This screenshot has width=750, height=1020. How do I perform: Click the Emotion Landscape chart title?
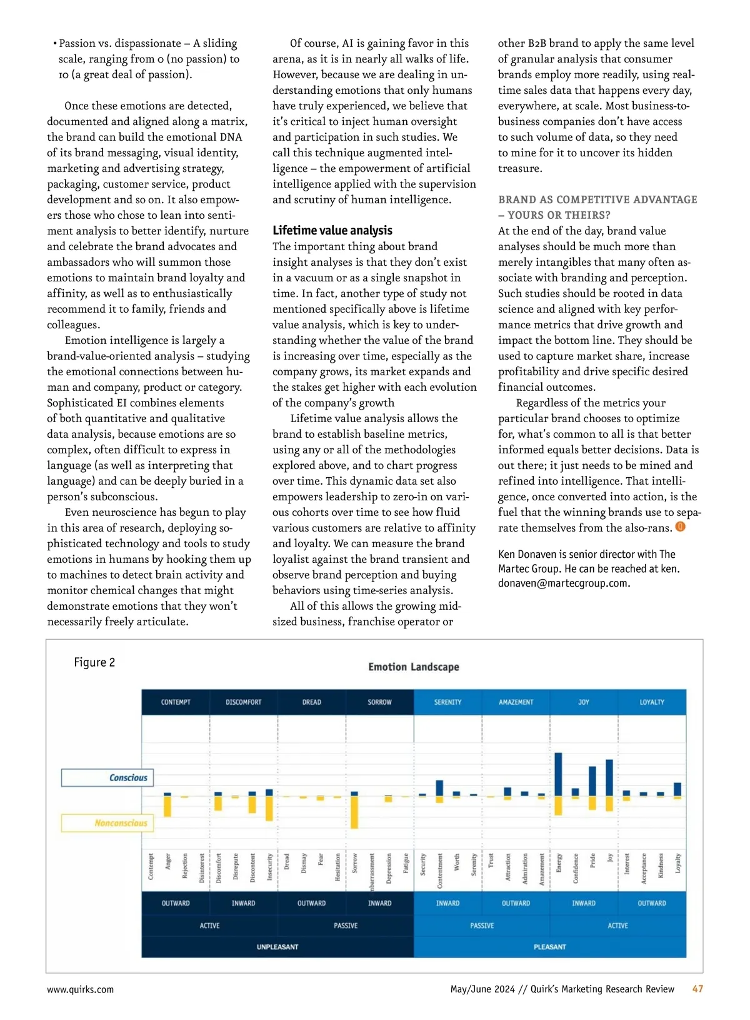pyautogui.click(x=413, y=667)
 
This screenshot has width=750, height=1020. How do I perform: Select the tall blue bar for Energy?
pyautogui.click(x=558, y=774)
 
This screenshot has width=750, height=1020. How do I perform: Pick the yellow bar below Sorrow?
pyautogui.click(x=354, y=812)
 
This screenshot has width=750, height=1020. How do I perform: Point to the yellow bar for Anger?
pyautogui.click(x=167, y=805)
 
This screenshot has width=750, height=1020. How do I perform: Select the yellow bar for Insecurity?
pyautogui.click(x=269, y=808)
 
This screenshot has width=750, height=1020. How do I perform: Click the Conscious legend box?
pyautogui.click(x=107, y=777)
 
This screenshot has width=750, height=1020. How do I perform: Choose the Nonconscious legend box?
pyautogui.click(x=107, y=823)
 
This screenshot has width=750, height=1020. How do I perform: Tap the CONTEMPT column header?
pyautogui.click(x=176, y=702)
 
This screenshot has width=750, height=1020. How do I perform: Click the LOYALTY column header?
pyautogui.click(x=652, y=702)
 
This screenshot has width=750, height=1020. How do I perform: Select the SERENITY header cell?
pyautogui.click(x=447, y=702)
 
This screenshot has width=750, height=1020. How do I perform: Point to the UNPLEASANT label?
pyautogui.click(x=277, y=947)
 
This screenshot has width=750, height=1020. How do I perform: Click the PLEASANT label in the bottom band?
pyautogui.click(x=550, y=947)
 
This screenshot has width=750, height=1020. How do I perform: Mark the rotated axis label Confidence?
pyautogui.click(x=576, y=868)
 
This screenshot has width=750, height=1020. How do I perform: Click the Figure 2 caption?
pyautogui.click(x=94, y=662)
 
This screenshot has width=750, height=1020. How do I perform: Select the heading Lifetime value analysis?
pyautogui.click(x=332, y=230)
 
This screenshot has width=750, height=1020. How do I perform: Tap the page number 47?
pyautogui.click(x=697, y=989)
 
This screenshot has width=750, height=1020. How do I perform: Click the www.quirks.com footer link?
pyautogui.click(x=81, y=989)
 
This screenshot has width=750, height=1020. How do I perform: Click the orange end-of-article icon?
pyautogui.click(x=681, y=527)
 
